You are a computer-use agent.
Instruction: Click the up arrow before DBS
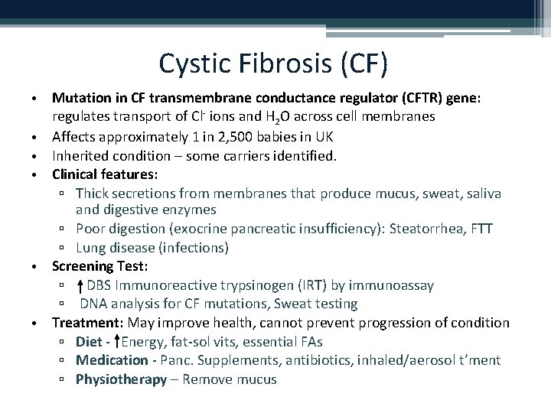[x=80, y=286]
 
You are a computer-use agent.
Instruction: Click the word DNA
[x=95, y=304]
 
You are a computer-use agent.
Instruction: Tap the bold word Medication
[x=111, y=360]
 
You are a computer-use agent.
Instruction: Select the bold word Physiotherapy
[x=121, y=379]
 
